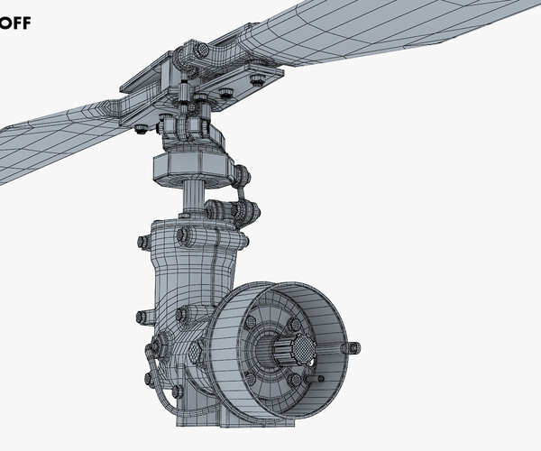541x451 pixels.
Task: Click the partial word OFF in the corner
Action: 15,23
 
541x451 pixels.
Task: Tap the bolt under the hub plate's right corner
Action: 258,80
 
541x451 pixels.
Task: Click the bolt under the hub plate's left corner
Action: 142,129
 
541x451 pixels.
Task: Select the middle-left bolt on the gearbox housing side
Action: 142,317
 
